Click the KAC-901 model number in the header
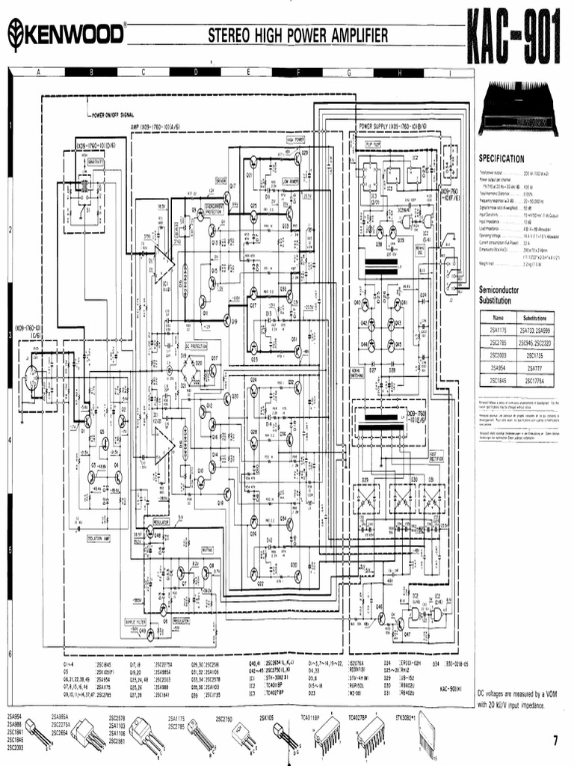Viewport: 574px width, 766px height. point(512,37)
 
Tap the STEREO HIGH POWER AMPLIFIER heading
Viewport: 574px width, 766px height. point(297,35)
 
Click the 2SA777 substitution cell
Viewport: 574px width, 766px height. point(534,368)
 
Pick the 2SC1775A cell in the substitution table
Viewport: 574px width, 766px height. point(534,380)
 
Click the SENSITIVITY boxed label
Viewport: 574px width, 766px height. point(96,161)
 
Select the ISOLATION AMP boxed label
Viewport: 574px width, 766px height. point(99,538)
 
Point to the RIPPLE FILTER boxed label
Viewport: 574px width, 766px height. point(135,620)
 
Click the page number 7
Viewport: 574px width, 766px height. point(555,741)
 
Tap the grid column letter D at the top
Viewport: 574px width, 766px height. point(196,73)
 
